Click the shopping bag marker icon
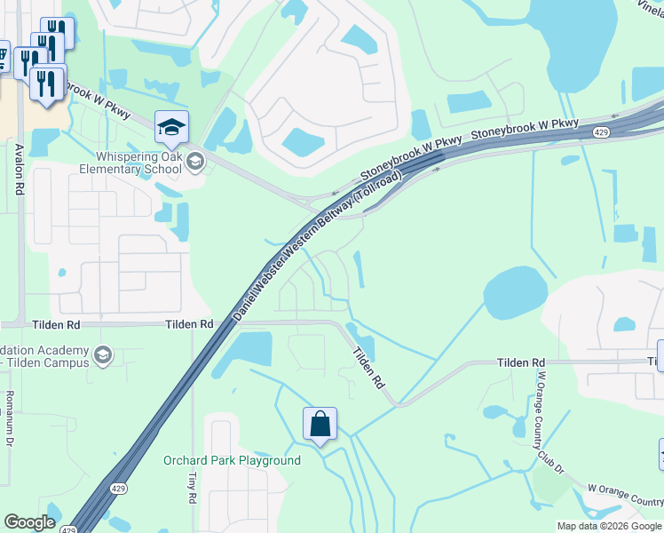[320, 424]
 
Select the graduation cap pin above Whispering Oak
[171, 127]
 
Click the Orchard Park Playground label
[232, 460]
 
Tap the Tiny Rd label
[192, 484]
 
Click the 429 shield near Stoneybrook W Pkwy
[601, 132]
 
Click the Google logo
[29, 522]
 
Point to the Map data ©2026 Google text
[609, 526]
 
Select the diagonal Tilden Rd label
[368, 367]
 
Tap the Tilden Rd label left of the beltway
[189, 325]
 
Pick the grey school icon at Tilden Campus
[102, 355]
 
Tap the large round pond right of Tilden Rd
[515, 293]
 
